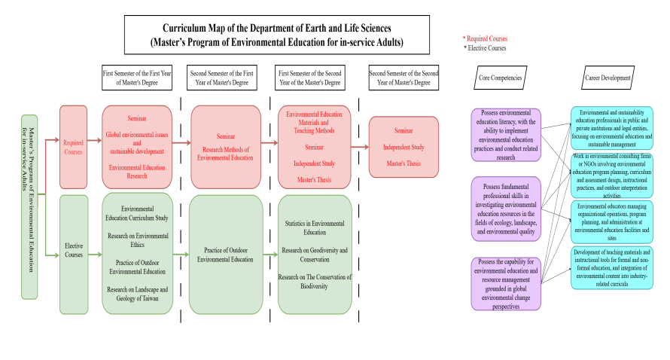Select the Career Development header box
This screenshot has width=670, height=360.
[606, 78]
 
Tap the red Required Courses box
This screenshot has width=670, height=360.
[73, 147]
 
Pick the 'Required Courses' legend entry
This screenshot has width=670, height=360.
[486, 38]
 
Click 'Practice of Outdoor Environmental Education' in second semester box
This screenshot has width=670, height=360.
[225, 255]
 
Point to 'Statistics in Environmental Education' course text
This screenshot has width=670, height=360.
[315, 228]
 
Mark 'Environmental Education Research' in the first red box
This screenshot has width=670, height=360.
[137, 172]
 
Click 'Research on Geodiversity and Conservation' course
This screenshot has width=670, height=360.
[315, 255]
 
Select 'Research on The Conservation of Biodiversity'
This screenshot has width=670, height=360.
[315, 282]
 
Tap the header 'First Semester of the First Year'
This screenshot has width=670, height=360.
[137, 78]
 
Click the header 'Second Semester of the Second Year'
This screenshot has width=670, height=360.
[404, 78]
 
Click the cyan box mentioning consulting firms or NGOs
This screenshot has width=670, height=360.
[611, 175]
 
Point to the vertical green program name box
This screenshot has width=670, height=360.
[29, 206]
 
